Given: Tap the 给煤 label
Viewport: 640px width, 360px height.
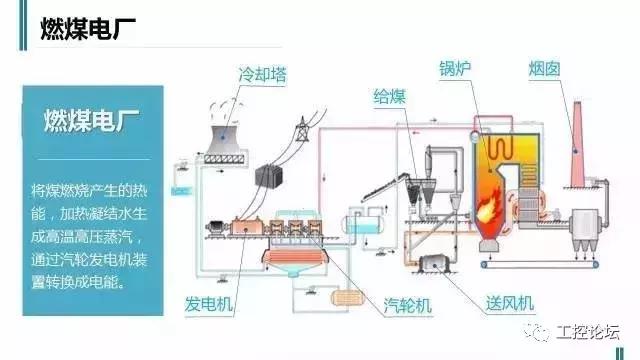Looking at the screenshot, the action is coord(389,96).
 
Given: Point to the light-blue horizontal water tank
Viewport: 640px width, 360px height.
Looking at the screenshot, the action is coord(361,225).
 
